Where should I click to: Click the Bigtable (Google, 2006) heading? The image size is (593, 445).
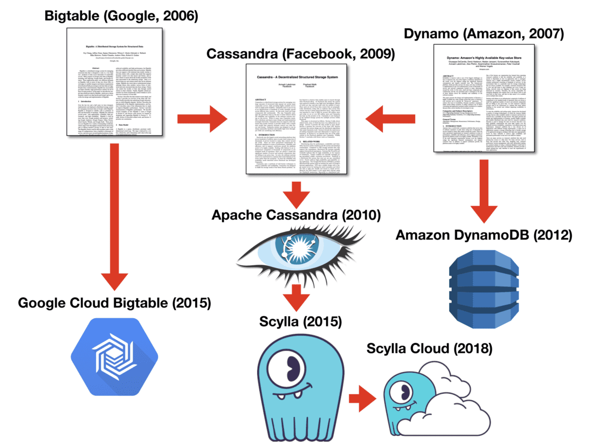click(x=121, y=16)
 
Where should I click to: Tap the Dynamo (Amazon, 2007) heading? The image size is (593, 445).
click(x=484, y=34)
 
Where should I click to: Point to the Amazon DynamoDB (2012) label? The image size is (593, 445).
click(x=484, y=235)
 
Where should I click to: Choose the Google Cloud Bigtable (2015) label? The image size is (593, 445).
click(x=114, y=303)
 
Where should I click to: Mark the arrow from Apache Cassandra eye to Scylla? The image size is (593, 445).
click(x=294, y=293)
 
